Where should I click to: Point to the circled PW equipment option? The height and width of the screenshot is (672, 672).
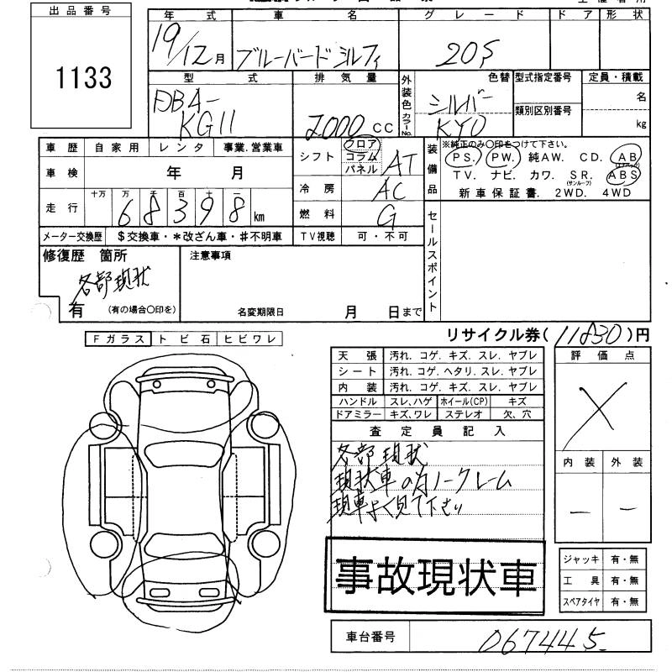(x=501, y=158)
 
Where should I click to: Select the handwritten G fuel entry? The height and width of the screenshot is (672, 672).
(x=387, y=217)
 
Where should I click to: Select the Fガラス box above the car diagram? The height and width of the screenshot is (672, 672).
(x=118, y=339)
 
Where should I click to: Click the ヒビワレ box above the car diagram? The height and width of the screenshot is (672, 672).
(x=249, y=339)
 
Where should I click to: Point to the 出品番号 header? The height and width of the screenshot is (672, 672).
(x=80, y=12)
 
